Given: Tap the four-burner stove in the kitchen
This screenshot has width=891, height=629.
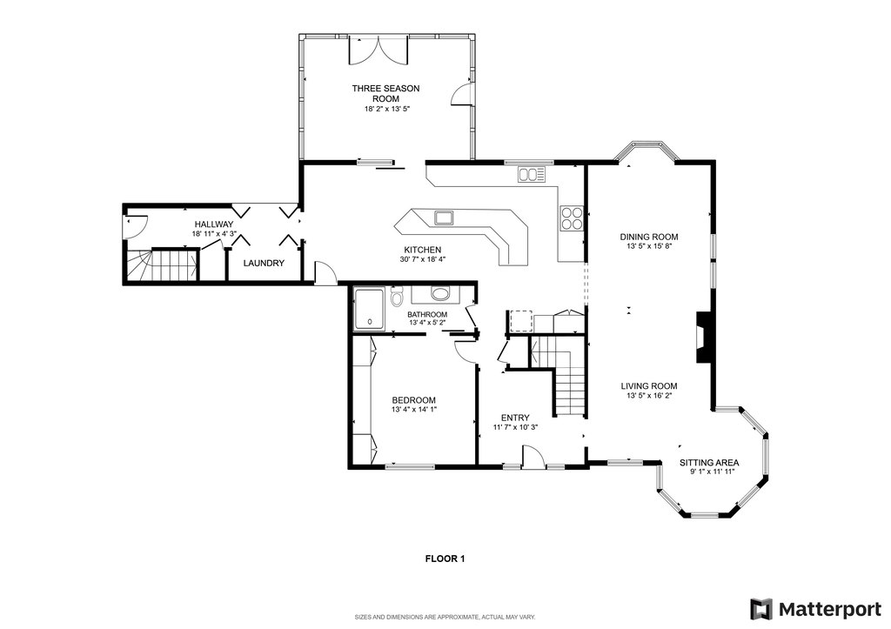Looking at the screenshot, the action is pos(572,217).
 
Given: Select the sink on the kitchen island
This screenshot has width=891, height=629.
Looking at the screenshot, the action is pos(443,217).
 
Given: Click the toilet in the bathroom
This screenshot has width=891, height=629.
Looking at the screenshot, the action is pos(397,297).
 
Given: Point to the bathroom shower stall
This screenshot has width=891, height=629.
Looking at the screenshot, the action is pos(369,310).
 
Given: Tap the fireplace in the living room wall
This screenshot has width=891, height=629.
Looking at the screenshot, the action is pos(703,337).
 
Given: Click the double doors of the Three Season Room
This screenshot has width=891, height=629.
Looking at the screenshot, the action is pos(378,50).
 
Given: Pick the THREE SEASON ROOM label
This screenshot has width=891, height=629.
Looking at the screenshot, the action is pos(385,93).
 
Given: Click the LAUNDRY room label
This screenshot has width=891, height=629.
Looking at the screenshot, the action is pos(264,263).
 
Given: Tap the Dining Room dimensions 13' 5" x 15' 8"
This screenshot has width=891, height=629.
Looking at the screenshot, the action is pos(649,246).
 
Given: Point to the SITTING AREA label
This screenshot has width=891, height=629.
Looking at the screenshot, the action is pos(709,463).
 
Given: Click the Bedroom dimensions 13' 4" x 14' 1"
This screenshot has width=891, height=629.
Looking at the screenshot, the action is pos(413,409).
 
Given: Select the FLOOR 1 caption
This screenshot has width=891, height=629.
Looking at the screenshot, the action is pos(445,559).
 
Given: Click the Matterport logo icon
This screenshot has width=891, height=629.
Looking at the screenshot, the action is pos(761,609).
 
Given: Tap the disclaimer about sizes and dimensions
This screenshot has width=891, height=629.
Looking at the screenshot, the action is pos(445,617).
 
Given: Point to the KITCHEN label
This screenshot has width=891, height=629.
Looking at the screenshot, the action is pos(422,250).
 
